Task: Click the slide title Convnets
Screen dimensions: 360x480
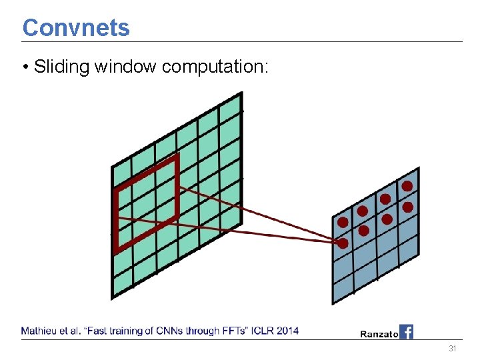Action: click(x=76, y=27)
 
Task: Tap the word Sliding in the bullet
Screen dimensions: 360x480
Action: click(x=62, y=67)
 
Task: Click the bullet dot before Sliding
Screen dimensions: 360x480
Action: click(x=25, y=67)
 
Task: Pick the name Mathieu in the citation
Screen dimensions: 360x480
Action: click(x=39, y=331)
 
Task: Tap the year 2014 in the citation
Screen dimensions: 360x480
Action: click(x=287, y=331)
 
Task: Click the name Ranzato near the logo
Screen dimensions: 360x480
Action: click(x=379, y=333)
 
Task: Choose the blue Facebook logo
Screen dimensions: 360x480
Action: click(x=406, y=331)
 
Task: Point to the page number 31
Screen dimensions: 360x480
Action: click(x=453, y=349)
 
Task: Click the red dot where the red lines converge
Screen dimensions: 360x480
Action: click(x=343, y=243)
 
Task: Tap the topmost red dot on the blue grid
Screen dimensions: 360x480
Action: click(x=407, y=186)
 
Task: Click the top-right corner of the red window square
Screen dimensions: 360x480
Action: click(x=177, y=157)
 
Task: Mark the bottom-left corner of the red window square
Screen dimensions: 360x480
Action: click(x=117, y=251)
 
